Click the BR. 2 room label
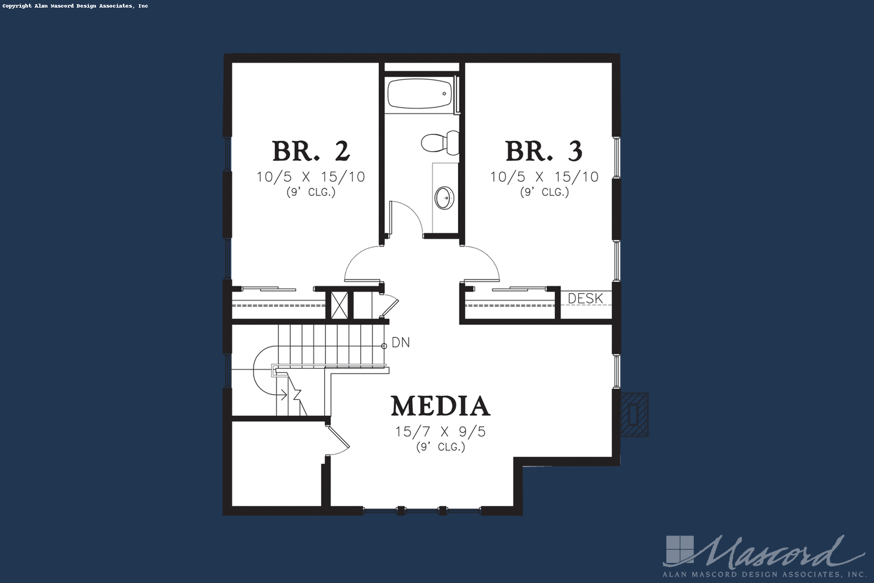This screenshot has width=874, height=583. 311,151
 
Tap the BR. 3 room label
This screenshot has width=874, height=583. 544,151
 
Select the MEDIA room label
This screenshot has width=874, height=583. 441,406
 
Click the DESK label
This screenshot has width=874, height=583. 585,299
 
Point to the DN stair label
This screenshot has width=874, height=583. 401,342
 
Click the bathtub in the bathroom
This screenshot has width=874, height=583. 419,94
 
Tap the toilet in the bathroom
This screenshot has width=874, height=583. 440,143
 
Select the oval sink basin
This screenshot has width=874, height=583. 445,198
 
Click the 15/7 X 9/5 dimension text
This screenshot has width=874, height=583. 441,431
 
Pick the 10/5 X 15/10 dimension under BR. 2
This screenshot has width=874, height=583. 311,177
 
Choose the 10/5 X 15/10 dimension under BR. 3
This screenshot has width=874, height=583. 544,177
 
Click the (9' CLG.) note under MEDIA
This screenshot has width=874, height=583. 441,447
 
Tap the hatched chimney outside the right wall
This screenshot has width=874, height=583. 634,415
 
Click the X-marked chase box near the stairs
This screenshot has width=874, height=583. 339,306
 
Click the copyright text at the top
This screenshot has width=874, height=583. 76,6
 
